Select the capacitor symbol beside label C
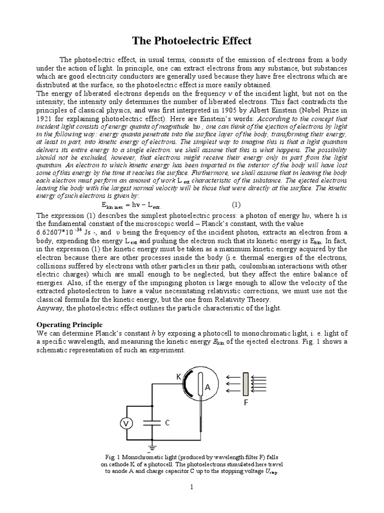(x=152, y=423)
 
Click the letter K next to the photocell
(x=178, y=376)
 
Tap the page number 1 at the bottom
(x=191, y=487)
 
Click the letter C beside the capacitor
(x=167, y=423)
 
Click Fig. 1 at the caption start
(x=110, y=457)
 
